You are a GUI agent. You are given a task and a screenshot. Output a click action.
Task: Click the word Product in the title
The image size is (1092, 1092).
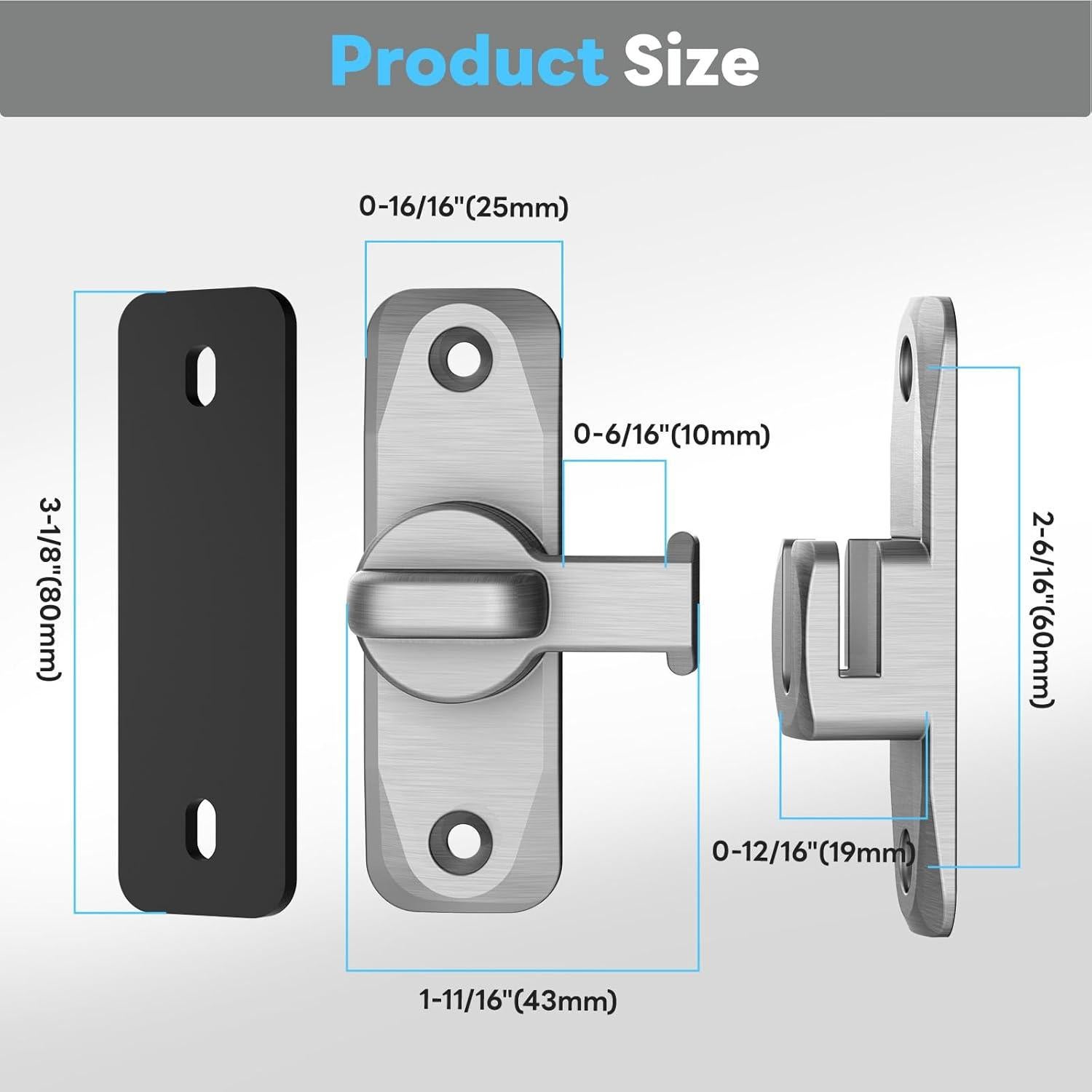click(x=468, y=61)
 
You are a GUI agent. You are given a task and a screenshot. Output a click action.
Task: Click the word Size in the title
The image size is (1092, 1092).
click(x=690, y=61)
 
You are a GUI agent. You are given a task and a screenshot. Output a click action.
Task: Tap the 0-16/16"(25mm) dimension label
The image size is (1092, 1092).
click(x=464, y=207)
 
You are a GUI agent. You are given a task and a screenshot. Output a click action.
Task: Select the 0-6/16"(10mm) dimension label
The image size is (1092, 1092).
click(x=671, y=435)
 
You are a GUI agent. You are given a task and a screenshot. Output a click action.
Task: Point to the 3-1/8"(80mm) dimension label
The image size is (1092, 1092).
click(x=50, y=589)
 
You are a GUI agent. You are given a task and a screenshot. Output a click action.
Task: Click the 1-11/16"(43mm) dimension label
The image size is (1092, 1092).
click(x=518, y=1000)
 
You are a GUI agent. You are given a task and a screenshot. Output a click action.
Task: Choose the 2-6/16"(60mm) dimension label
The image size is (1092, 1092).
click(x=1042, y=609)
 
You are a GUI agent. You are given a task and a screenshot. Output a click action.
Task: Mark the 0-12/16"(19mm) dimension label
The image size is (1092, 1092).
click(x=813, y=851)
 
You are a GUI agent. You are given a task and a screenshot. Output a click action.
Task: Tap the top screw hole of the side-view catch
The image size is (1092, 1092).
click(x=906, y=364)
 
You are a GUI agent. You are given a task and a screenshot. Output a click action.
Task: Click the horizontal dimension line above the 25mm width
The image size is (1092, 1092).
click(x=464, y=242)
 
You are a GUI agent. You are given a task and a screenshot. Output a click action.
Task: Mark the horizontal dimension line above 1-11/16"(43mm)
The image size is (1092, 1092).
click(x=522, y=970)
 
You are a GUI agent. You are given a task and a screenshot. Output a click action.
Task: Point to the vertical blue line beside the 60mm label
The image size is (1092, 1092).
click(x=1018, y=617)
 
